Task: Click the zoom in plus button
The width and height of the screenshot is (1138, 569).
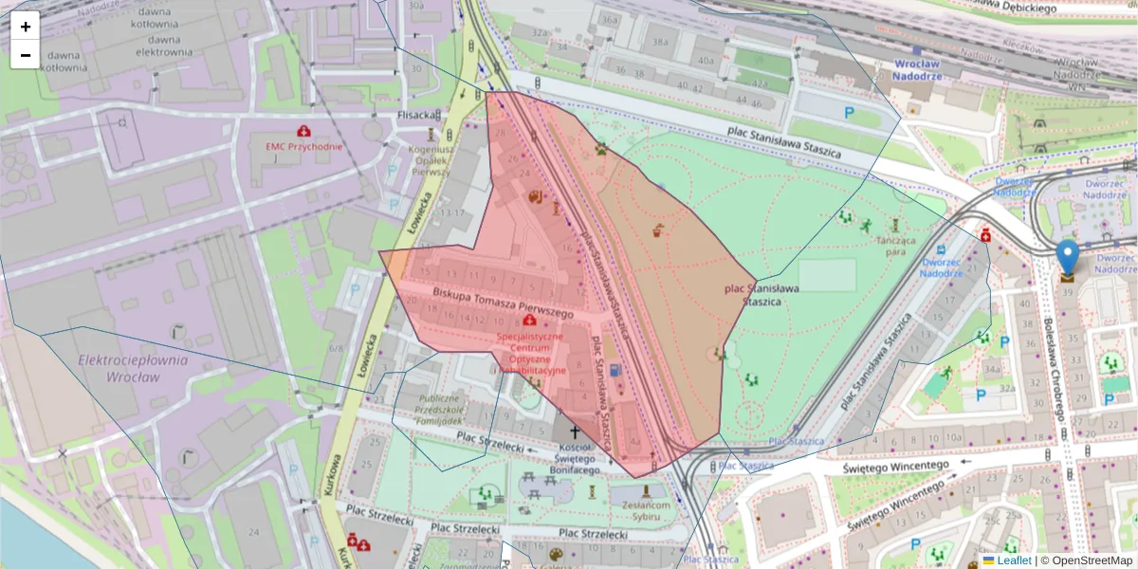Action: tap(26, 27)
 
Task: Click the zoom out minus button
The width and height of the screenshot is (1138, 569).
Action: tap(26, 55)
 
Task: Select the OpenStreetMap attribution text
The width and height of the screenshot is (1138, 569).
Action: tap(1091, 560)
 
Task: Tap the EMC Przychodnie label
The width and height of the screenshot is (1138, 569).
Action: tap(303, 147)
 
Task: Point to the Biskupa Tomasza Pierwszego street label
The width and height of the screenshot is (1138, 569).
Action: tap(504, 303)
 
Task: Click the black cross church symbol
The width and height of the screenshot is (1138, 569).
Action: tap(574, 431)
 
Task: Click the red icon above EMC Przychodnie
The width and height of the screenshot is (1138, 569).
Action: tap(303, 130)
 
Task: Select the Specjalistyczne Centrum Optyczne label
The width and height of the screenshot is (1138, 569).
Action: tap(529, 353)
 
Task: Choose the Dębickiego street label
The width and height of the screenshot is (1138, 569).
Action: tap(1015, 8)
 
